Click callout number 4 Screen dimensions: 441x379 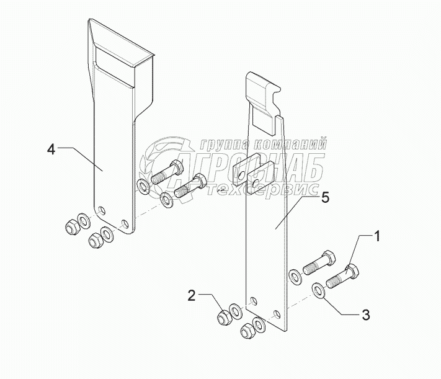point(51,149)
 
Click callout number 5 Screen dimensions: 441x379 point(325,198)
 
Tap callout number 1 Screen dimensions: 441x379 point(376,236)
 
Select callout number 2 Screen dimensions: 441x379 point(191,296)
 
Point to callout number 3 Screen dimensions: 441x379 point(365,315)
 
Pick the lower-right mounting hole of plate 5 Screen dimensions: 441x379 point(277,314)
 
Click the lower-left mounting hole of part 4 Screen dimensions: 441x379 point(102,210)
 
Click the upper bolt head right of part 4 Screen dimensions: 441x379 point(177,167)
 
